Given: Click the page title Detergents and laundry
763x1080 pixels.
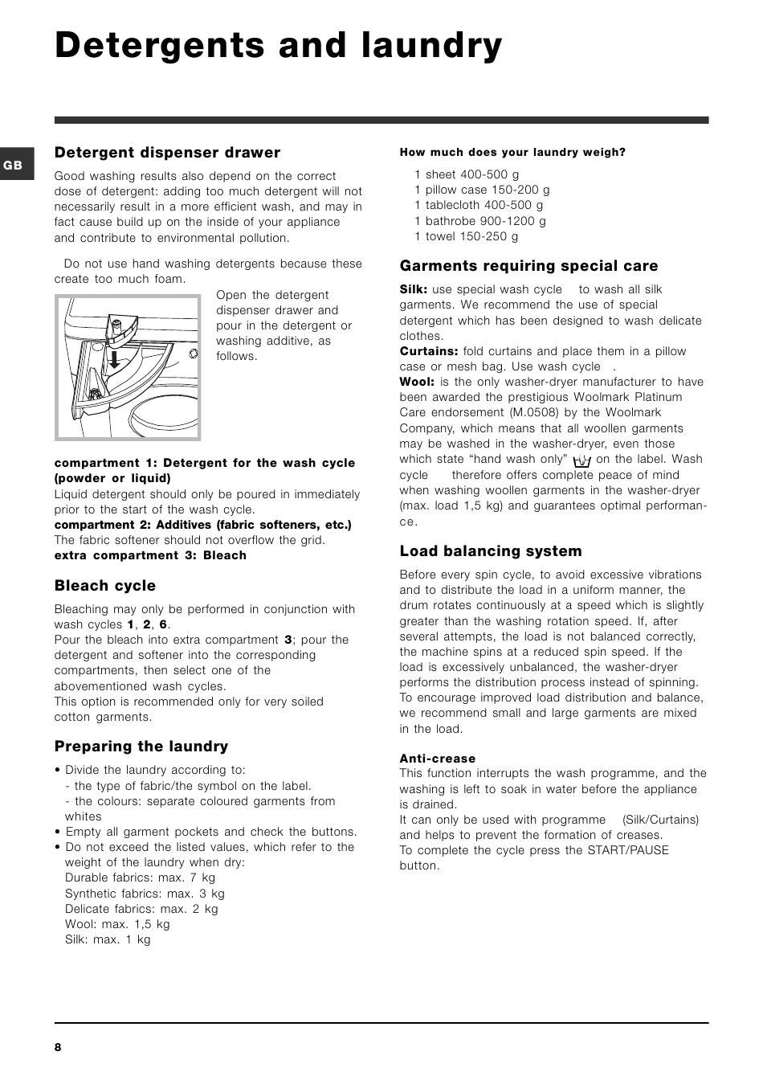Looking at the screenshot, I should click(278, 47).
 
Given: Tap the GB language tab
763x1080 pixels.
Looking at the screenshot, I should click(14, 166).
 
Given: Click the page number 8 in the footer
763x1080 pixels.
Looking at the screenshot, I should click(58, 1047).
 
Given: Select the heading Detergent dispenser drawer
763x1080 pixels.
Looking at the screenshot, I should click(167, 153).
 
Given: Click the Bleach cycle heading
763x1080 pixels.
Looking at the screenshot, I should click(105, 586).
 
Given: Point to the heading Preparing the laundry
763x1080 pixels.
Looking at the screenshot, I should click(141, 747).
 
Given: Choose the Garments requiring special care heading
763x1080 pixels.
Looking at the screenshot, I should click(528, 266).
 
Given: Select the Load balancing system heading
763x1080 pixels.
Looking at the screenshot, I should click(491, 551).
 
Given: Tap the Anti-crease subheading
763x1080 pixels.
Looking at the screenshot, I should click(438, 759).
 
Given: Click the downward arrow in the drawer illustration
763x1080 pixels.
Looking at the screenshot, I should click(115, 357).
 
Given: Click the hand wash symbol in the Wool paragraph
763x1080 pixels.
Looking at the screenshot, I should click(582, 460).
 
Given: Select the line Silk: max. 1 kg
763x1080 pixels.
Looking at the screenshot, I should click(108, 939).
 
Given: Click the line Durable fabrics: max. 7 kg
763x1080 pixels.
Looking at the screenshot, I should click(140, 877).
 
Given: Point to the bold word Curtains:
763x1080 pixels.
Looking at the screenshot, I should click(429, 351).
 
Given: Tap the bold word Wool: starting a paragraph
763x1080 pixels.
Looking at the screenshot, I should click(417, 382).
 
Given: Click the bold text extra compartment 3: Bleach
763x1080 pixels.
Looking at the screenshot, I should click(150, 555).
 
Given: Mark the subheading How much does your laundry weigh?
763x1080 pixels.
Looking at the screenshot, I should click(512, 152).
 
